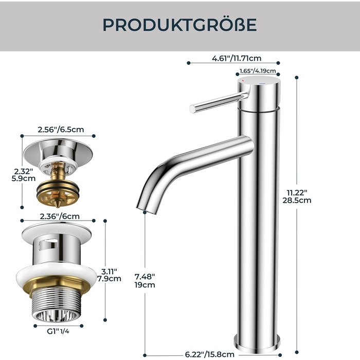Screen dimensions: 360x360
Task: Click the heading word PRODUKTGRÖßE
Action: [179, 24]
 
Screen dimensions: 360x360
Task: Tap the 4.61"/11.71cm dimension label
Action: [237, 58]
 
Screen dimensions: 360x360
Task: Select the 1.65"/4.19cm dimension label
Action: [258, 71]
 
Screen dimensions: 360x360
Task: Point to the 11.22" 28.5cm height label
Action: [297, 196]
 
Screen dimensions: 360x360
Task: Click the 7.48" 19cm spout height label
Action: [145, 281]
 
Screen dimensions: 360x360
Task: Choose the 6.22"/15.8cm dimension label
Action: [210, 354]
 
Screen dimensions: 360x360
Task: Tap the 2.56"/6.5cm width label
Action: [61, 130]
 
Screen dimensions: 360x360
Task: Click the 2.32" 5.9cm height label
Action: [24, 175]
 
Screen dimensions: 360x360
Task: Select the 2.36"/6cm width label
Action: [60, 217]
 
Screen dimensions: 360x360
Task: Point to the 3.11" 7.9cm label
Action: [109, 275]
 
